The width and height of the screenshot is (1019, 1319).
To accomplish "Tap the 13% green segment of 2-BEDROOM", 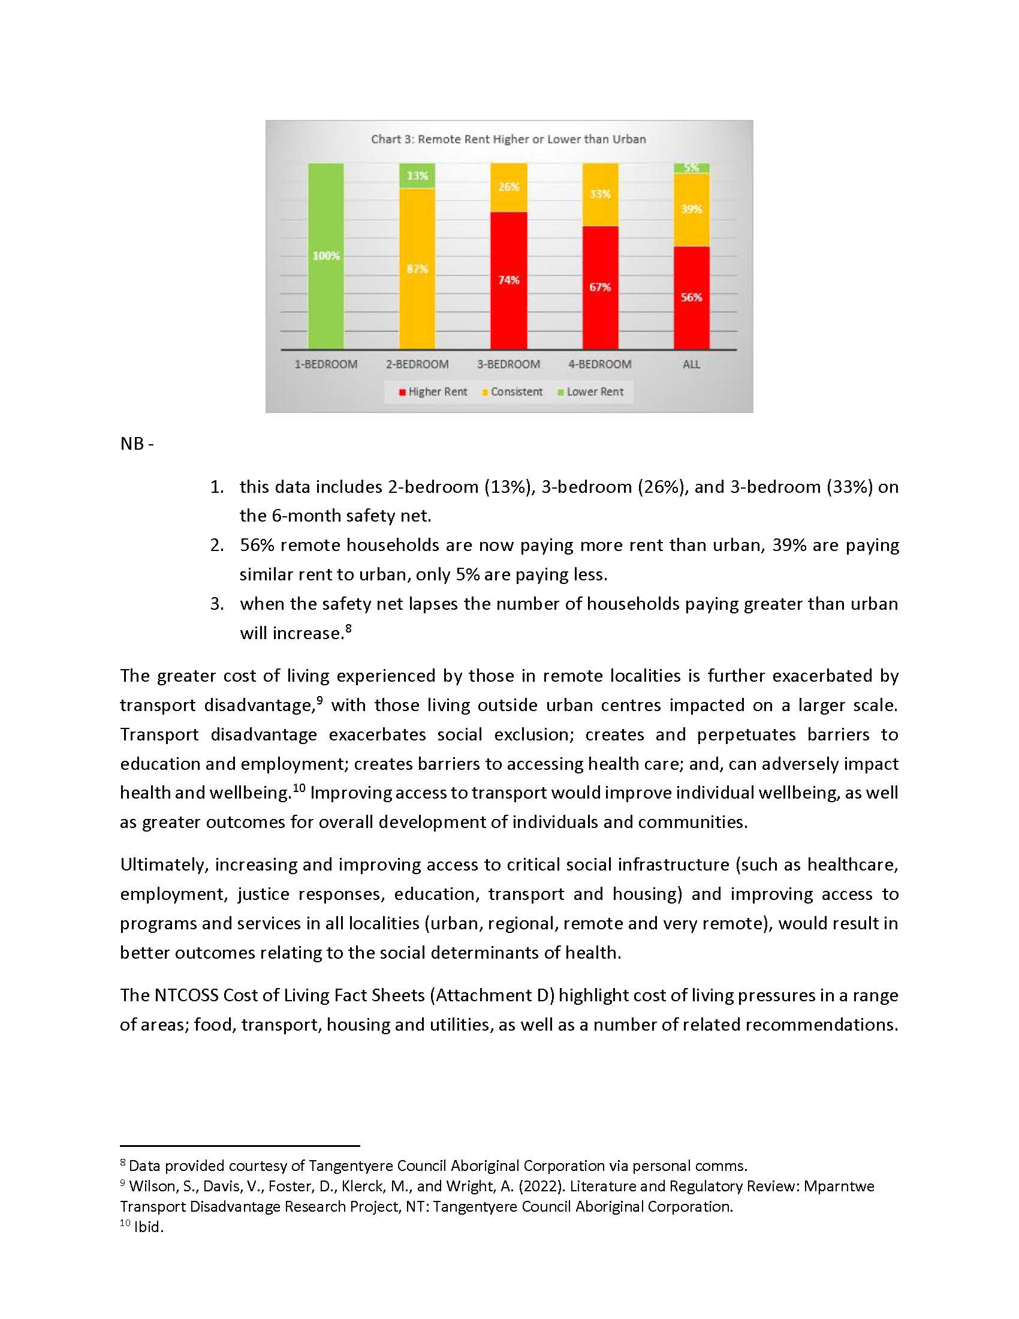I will click(417, 176).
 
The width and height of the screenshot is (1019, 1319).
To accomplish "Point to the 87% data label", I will click(417, 269).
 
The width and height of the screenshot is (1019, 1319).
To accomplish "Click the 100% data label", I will click(326, 256).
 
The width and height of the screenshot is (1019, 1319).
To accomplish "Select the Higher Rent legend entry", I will click(433, 392).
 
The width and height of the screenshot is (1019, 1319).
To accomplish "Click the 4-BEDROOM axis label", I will click(600, 364).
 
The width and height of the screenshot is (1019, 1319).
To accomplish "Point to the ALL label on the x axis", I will click(691, 364).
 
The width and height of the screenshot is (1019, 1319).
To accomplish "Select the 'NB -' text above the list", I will click(137, 444).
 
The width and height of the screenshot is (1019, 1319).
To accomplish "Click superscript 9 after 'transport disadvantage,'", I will click(319, 699).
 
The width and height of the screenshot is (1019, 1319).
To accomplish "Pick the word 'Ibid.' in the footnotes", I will click(149, 1227).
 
